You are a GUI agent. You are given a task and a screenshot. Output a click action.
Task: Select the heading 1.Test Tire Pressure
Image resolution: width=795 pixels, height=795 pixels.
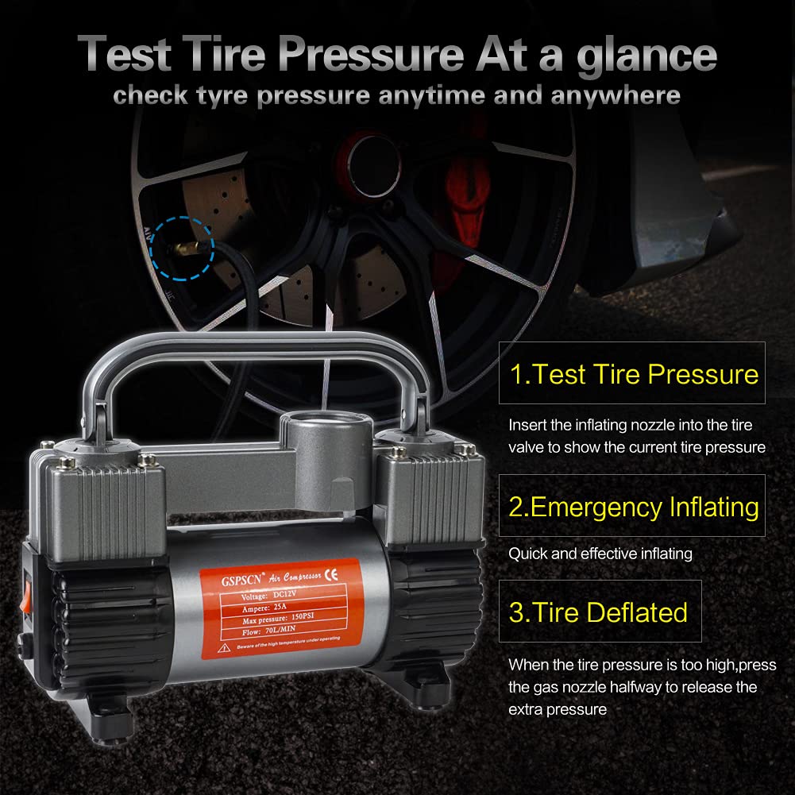tap(633, 374)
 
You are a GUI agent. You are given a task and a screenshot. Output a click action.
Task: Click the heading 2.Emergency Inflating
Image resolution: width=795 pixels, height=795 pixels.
tap(633, 507)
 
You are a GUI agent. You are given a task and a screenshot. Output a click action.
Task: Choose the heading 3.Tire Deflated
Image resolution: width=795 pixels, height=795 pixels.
tap(597, 612)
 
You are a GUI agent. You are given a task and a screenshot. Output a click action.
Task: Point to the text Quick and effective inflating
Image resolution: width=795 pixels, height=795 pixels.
tap(600, 554)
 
